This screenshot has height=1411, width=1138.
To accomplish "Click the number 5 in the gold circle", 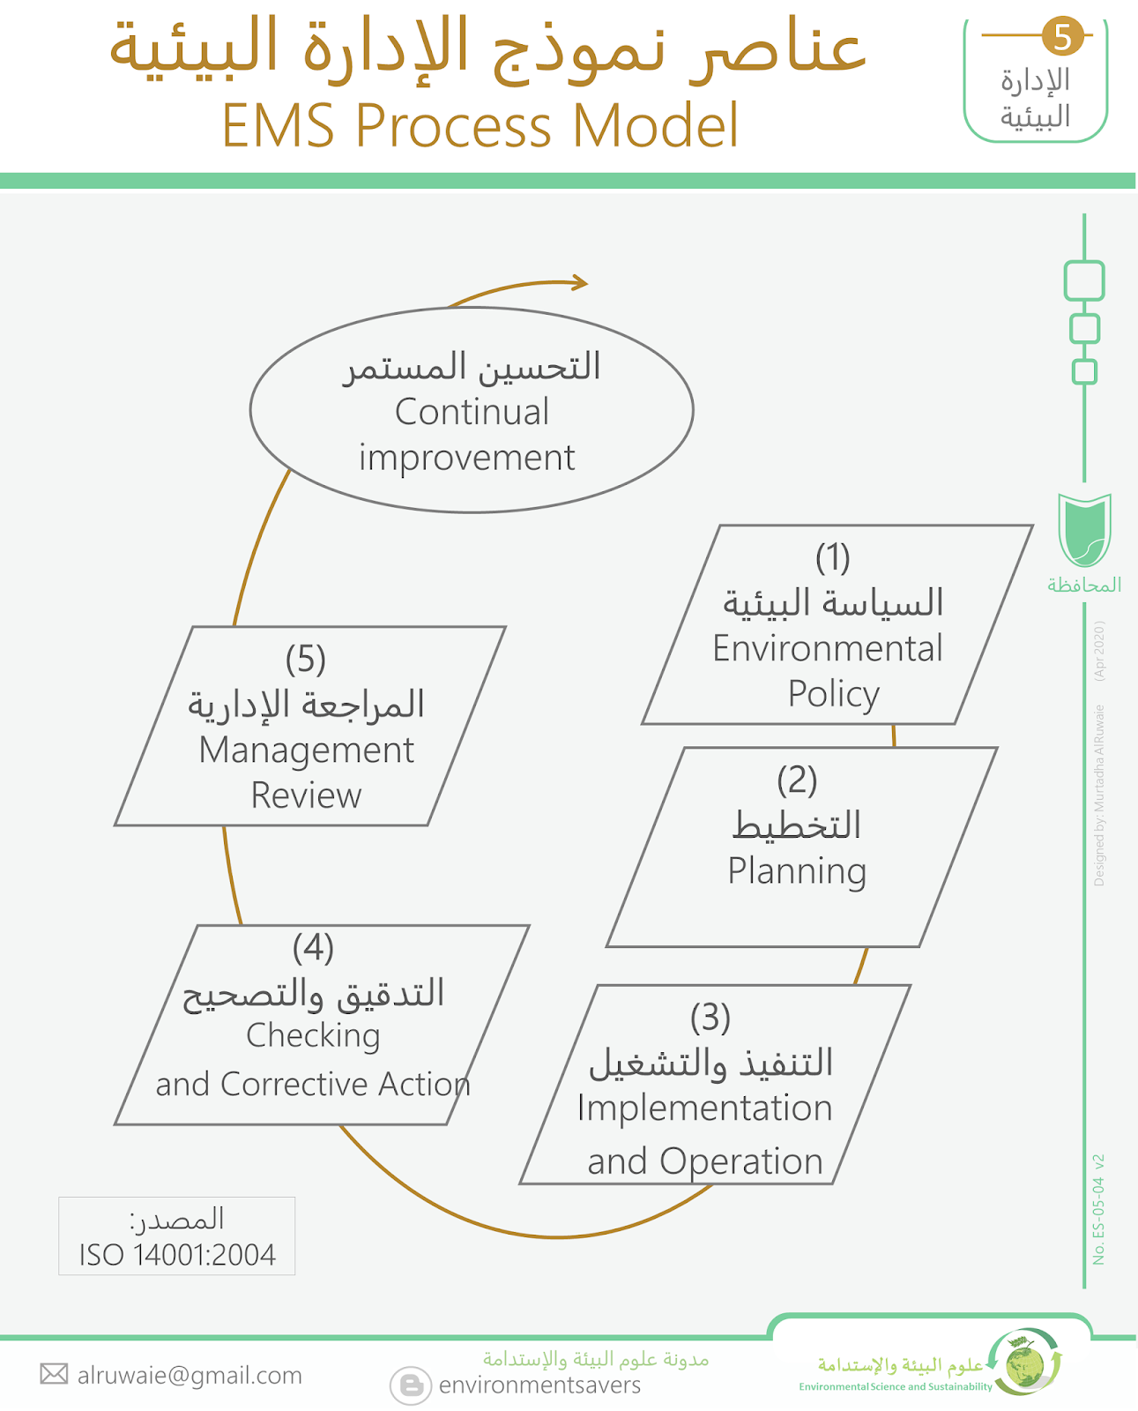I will coord(1062,36).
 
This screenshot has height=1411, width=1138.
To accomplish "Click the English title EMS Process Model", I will coord(480,125).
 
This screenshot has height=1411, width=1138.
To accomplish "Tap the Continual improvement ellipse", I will coord(472,410).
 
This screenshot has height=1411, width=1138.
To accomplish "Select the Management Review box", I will coord(309,726).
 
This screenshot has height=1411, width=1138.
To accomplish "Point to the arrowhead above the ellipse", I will coord(579,282).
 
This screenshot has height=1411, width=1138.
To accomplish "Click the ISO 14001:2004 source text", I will coord(177,1255).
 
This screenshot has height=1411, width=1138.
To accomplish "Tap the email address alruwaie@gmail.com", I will coord(190,1375).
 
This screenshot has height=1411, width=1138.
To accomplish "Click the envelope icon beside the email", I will coord(54,1374).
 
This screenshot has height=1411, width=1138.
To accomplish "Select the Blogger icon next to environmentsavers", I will coord(411,1385).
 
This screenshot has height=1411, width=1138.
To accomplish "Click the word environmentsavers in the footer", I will coord(539,1385).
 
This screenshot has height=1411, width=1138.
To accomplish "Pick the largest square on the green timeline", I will coord(1084,281).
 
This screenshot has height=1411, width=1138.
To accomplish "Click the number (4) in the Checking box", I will coord(313,948).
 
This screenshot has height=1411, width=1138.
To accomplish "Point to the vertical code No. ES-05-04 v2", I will coord(1098,1209).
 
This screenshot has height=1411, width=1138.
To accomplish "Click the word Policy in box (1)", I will coord(833,694).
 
